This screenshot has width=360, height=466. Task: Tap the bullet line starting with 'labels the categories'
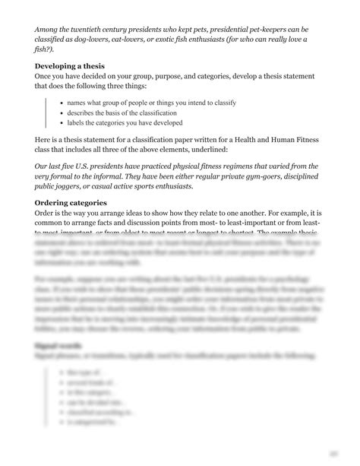tap(125, 122)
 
